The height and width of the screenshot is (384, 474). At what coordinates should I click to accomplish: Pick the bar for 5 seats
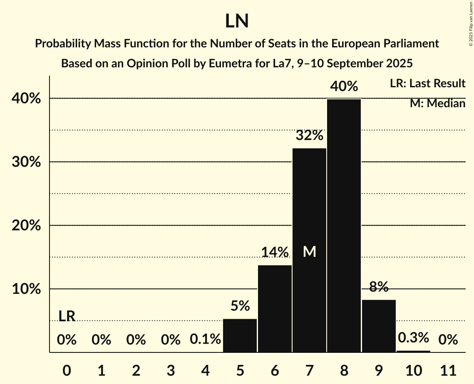point(240,335)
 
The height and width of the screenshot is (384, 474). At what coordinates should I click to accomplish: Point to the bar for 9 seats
point(379,326)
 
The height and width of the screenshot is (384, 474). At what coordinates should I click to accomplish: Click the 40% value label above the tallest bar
point(344,86)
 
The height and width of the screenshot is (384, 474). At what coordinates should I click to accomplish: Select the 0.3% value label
point(413,337)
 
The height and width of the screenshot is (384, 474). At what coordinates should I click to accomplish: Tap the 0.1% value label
point(205,340)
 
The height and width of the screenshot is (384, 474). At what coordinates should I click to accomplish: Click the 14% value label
point(275,252)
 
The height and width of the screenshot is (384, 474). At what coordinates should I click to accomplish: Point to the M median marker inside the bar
point(309,251)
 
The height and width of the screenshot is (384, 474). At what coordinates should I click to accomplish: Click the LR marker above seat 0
point(67,316)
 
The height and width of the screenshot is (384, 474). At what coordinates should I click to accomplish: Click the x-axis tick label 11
point(448,369)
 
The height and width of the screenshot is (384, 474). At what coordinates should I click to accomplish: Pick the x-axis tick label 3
point(171,369)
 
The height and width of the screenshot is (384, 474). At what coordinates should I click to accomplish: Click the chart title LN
point(237,21)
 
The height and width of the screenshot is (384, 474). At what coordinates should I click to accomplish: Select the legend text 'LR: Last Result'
point(427,84)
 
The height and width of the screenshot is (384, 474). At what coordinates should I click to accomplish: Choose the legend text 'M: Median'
point(437,103)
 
